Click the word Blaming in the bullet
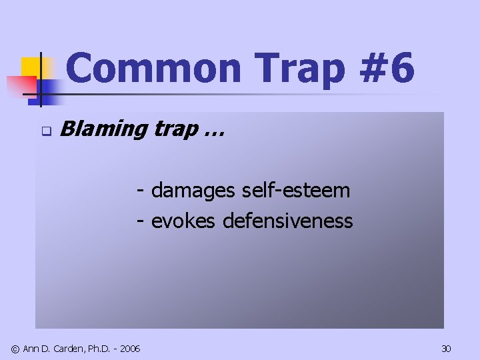click(103, 129)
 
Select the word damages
click(193, 191)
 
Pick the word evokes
click(183, 221)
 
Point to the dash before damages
click(141, 191)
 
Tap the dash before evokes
click(141, 221)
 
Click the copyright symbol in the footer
click(15, 349)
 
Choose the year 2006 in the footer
click(130, 349)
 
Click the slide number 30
click(446, 349)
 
